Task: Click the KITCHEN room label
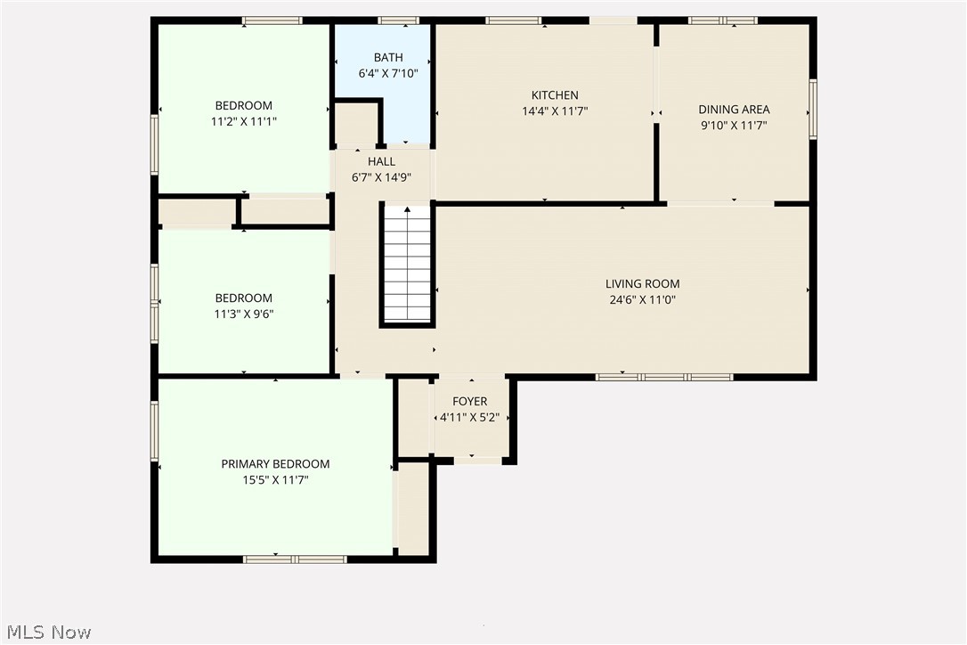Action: coord(555,95)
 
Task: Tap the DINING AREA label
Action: coord(734,110)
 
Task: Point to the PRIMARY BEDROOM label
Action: coord(275,464)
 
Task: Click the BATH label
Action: coord(387,58)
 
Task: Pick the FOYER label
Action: coord(469,402)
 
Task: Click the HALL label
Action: coord(381,161)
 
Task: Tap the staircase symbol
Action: coord(408,265)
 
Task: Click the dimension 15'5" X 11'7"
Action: coord(275,480)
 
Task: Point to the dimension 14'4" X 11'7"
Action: coord(555,111)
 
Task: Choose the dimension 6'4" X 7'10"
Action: coord(387,74)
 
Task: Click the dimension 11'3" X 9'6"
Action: coord(243,314)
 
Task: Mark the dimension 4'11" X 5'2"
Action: coord(469,418)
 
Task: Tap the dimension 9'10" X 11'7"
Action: coord(734,126)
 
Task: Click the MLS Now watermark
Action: coord(46,633)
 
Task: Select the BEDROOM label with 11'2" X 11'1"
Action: coord(243,105)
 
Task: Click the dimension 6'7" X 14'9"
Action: coord(381,177)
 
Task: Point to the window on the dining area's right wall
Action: coord(813,110)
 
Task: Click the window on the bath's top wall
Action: coord(398,20)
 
